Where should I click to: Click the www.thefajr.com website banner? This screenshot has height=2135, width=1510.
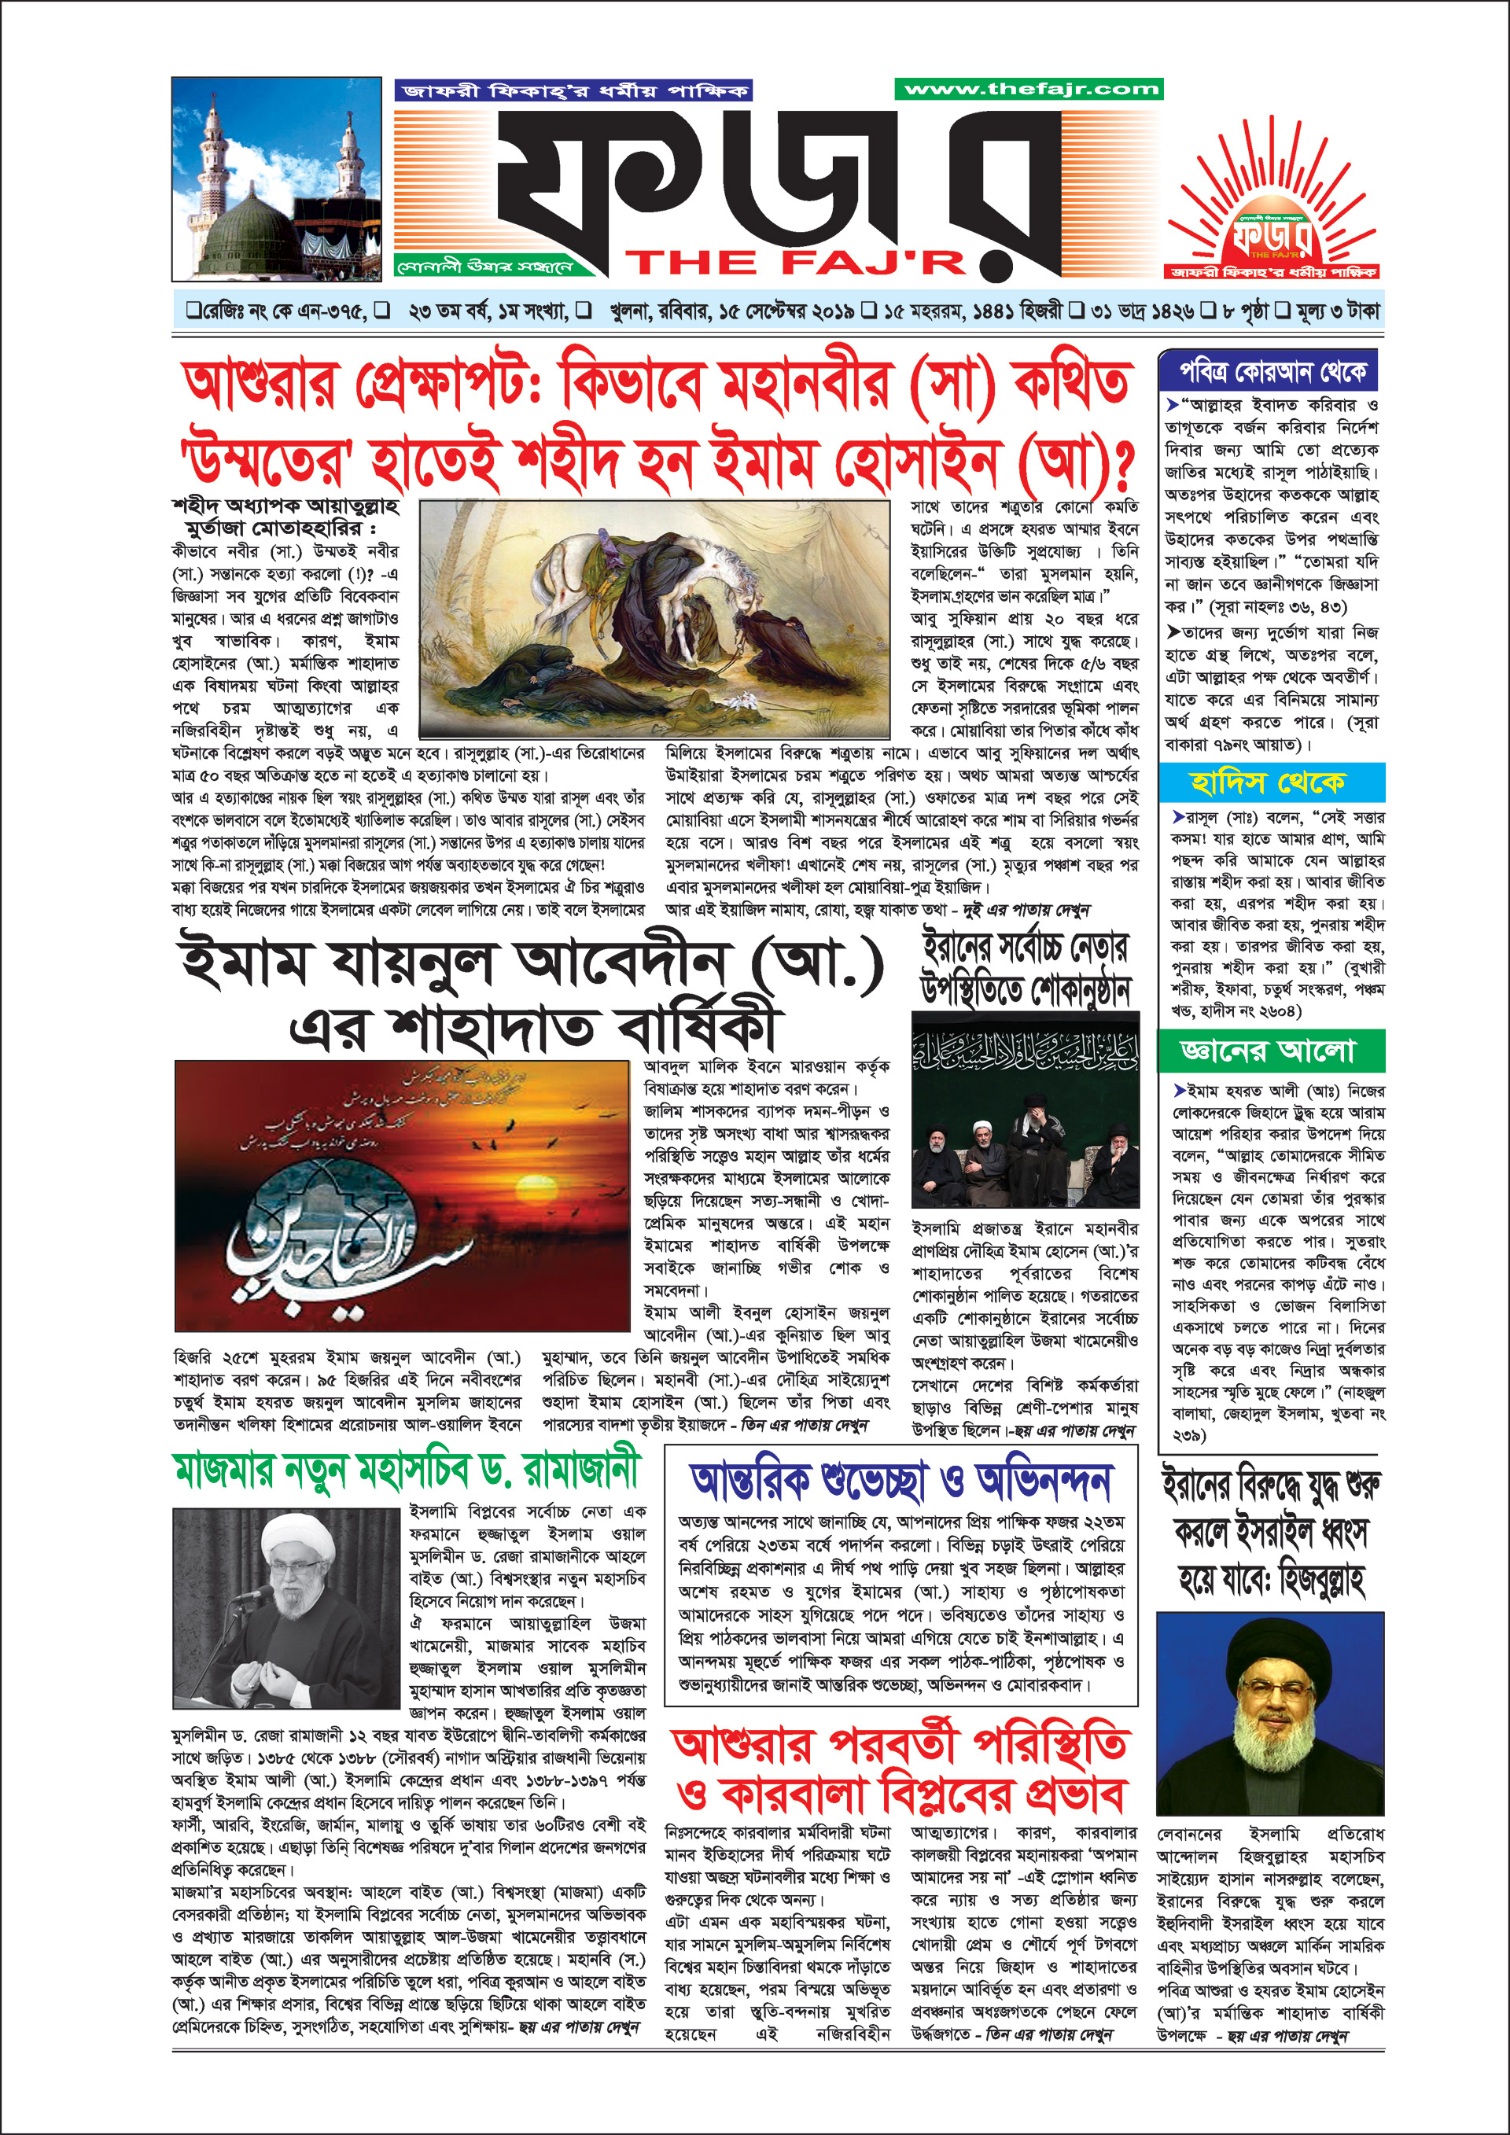coord(1029,90)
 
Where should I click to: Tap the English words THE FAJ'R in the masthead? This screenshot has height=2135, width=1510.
coord(795,263)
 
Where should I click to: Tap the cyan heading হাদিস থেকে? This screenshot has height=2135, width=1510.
coord(1270,782)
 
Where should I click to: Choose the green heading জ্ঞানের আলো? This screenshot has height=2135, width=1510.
coord(1270,1051)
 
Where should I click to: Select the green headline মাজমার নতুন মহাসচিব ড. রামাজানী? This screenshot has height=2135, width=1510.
coord(407,1471)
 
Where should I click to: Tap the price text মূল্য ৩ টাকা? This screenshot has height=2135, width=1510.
coord(1336,311)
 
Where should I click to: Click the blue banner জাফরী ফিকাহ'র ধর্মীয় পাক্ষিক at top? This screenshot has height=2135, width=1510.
coord(573,91)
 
